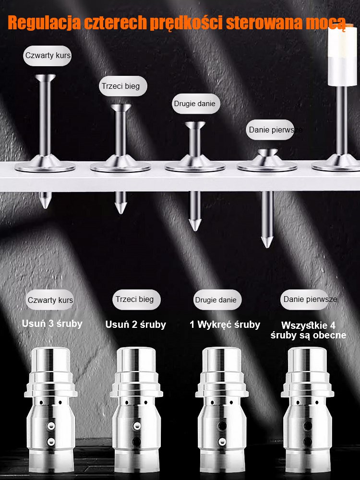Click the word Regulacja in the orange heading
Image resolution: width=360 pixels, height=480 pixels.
[44, 23]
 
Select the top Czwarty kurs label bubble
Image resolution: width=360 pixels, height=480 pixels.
[48, 56]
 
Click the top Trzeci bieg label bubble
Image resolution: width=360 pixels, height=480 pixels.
[123, 86]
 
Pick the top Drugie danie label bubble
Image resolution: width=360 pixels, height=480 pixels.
[196, 104]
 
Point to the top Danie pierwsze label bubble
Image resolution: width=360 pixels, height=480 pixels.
[270, 130]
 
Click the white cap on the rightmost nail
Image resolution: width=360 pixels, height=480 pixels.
[342, 56]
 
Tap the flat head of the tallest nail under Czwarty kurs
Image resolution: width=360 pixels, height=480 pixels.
[45, 77]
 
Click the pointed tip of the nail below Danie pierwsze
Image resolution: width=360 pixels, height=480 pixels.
[267, 246]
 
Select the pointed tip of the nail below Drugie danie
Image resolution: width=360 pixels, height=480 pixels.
[195, 229]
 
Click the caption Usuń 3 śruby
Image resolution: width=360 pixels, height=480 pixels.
[52, 324]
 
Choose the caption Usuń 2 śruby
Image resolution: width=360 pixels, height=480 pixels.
[136, 324]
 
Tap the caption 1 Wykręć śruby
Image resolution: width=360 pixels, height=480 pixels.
[225, 324]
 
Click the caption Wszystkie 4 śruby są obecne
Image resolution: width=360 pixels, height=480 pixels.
[308, 330]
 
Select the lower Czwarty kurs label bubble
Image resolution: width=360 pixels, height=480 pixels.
[50, 300]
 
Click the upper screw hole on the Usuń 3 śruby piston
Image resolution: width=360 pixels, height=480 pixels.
[51, 425]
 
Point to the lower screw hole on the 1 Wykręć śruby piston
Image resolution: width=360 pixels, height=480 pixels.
[222, 441]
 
